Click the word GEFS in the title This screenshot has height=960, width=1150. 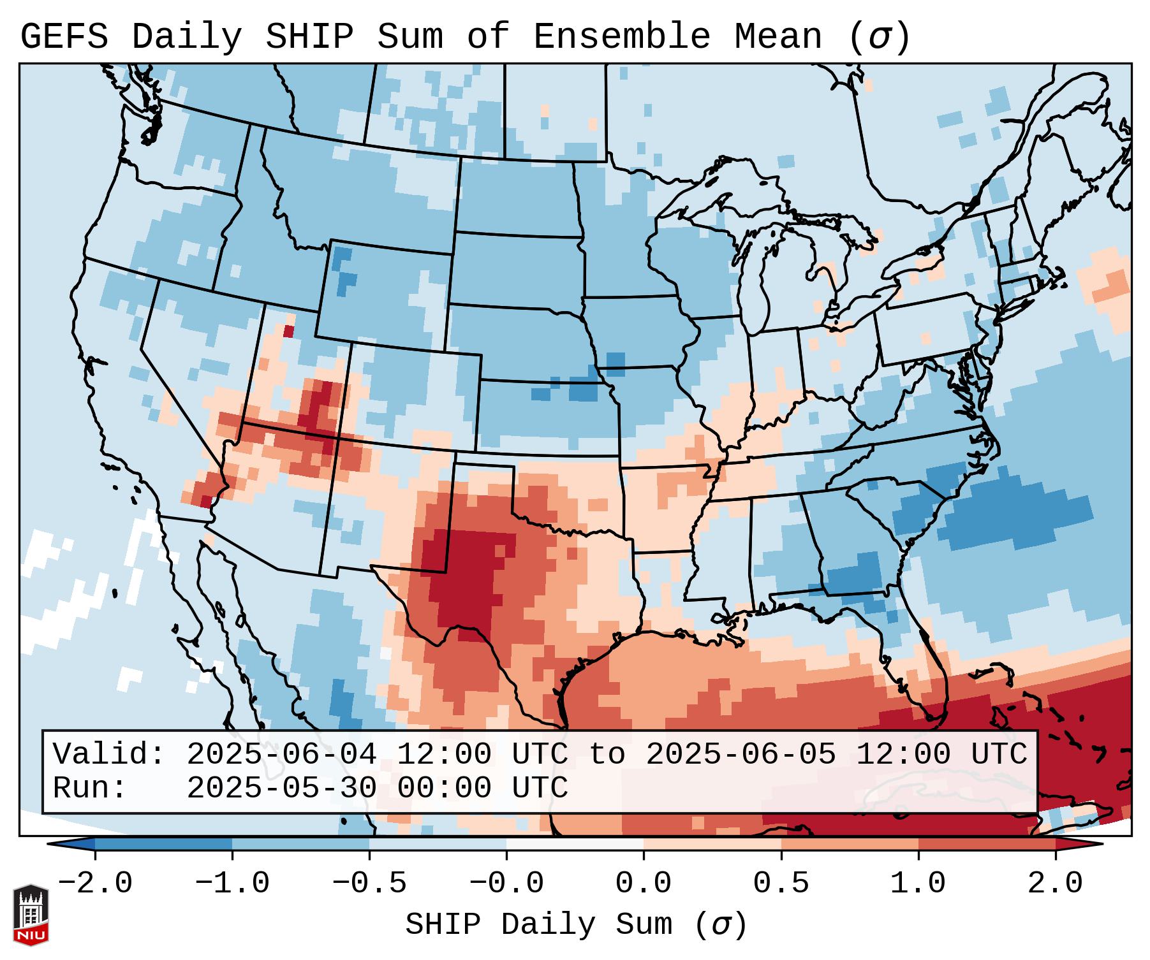pos(64,37)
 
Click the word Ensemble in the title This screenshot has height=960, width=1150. pos(621,37)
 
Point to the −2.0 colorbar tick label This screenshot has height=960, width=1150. pos(95,884)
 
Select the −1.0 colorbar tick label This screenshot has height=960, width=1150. pos(232,884)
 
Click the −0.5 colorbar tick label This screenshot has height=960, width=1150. pos(369,884)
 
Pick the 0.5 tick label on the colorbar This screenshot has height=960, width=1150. pos(781,884)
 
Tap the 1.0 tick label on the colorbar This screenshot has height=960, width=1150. pos(918,884)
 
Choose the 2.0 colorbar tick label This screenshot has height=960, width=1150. pos(1056,884)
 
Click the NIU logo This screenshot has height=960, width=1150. pos(31,915)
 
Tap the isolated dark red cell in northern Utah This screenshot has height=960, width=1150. pos(288,331)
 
